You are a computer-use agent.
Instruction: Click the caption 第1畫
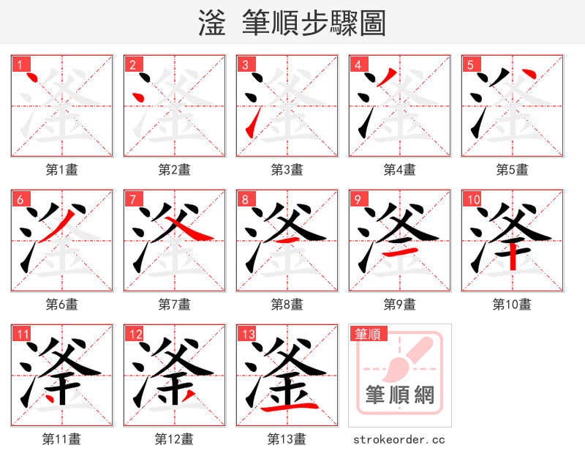point(62,170)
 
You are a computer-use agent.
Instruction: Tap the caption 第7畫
point(175,305)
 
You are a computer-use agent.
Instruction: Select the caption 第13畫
point(287,439)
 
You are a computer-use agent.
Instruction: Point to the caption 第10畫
point(512,305)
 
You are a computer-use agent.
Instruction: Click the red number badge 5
point(470,64)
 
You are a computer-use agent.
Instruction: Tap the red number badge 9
point(358,199)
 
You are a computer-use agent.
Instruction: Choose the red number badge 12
point(135,335)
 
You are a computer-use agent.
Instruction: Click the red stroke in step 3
point(252,122)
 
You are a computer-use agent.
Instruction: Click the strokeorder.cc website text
point(399,440)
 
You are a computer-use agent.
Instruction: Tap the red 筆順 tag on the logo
point(366,335)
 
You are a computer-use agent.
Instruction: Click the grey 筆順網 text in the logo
point(399,396)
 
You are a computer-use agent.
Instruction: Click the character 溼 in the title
point(212,23)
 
